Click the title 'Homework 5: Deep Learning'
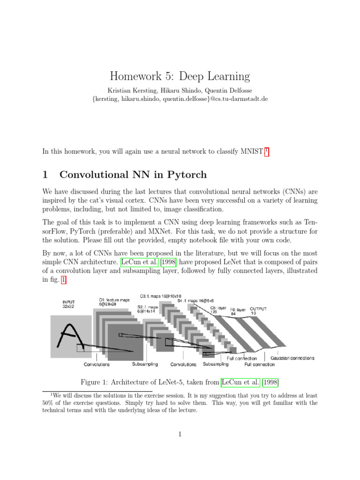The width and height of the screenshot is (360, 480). (180, 76)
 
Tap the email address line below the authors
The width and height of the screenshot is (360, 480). (180, 99)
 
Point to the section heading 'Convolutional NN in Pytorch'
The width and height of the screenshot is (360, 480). (133, 175)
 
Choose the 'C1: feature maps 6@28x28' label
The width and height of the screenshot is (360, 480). (114, 301)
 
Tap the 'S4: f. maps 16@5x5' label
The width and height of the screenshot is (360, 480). (199, 300)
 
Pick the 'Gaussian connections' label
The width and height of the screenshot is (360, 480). (292, 358)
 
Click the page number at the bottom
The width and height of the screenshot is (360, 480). (180, 435)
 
